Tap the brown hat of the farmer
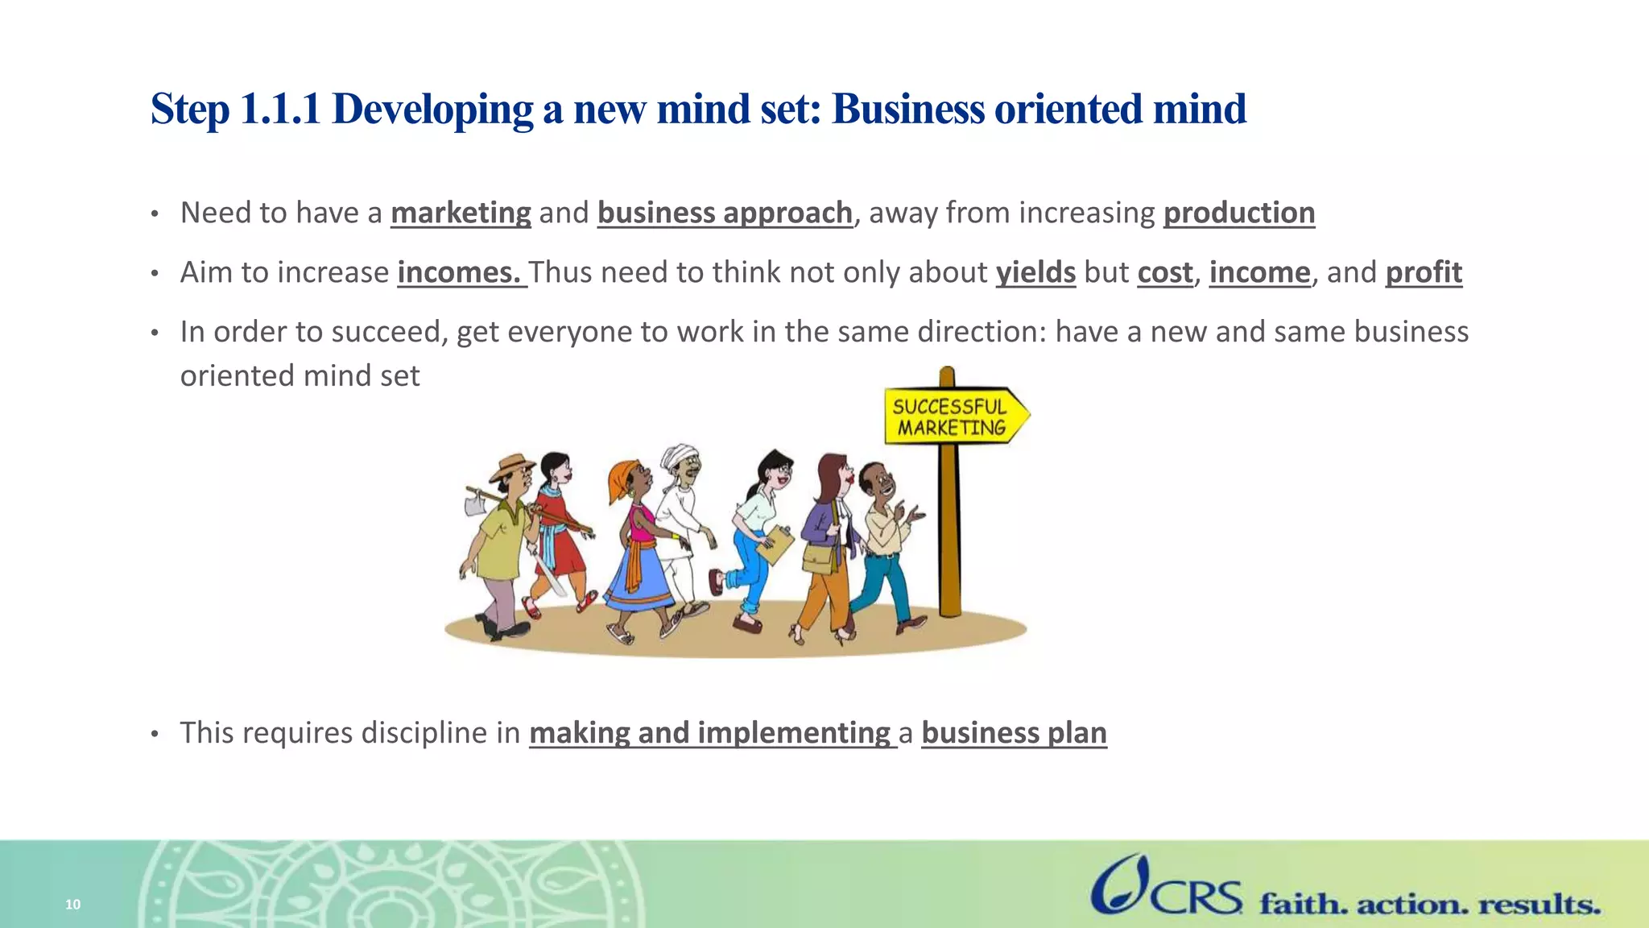click(514, 465)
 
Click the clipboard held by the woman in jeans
click(776, 545)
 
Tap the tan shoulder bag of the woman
click(819, 558)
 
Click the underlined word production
click(1238, 213)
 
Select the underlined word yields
click(1035, 272)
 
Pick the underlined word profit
click(1423, 272)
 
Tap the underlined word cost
click(1164, 272)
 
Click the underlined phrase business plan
click(1014, 732)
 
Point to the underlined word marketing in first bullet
click(461, 213)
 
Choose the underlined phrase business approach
click(725, 213)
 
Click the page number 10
click(73, 905)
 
